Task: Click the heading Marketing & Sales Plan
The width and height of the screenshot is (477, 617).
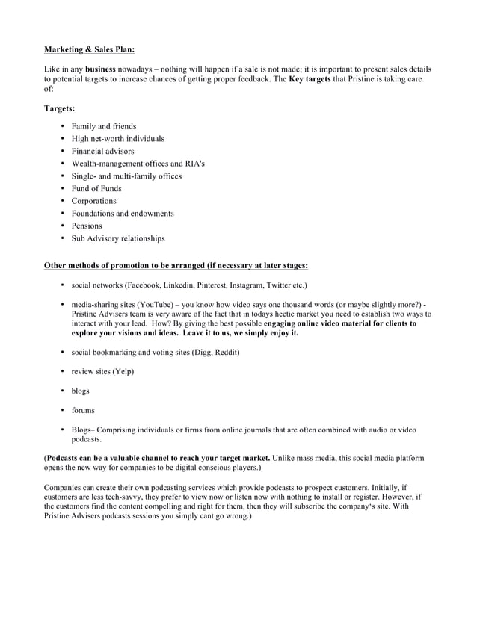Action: tap(90, 49)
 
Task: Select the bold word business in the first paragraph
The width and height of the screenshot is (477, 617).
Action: tap(100, 69)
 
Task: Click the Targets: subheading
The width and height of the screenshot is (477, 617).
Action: tap(60, 108)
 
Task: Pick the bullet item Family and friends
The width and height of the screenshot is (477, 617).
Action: tap(103, 126)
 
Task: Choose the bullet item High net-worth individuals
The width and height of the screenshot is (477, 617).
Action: tap(117, 139)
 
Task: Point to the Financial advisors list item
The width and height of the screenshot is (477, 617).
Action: tap(102, 151)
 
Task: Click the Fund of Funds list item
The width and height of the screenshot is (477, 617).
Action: tap(96, 188)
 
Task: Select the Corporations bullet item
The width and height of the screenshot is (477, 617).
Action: tap(93, 201)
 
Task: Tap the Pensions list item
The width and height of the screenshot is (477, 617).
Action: tap(87, 226)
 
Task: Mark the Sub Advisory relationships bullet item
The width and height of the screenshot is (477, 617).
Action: tap(117, 238)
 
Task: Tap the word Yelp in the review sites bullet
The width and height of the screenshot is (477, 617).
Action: tap(123, 371)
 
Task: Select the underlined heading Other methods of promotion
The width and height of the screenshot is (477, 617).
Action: tap(176, 264)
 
